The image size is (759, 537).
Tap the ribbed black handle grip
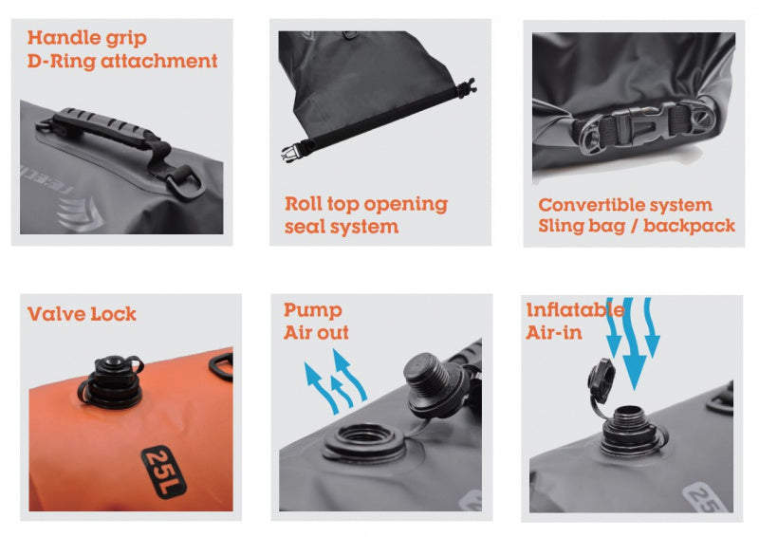(x=102, y=127)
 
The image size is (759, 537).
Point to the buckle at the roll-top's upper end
(x=467, y=87)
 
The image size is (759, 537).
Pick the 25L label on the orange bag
(x=164, y=472)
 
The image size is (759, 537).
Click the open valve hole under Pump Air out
(x=364, y=440)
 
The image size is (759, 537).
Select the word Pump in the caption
(x=313, y=310)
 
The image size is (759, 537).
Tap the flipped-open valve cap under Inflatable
(x=602, y=380)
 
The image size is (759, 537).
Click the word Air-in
(x=554, y=333)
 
